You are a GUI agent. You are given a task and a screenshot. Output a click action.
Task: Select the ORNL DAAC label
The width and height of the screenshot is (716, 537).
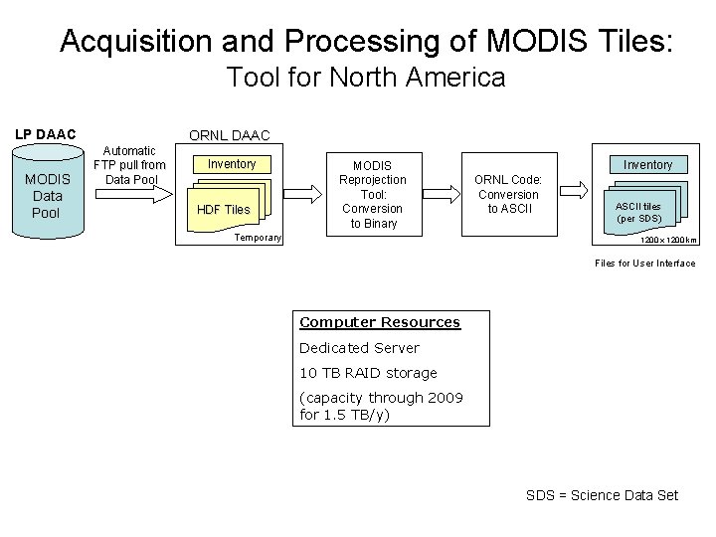230,135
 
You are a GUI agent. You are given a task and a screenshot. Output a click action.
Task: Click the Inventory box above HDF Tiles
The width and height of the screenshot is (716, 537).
232,164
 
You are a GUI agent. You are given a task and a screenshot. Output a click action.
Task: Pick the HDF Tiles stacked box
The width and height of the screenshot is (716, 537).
225,209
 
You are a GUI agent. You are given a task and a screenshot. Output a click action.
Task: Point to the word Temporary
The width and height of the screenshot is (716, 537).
258,239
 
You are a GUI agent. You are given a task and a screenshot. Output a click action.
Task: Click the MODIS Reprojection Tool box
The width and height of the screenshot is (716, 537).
373,194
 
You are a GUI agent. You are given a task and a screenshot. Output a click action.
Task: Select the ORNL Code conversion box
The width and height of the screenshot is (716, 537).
506,194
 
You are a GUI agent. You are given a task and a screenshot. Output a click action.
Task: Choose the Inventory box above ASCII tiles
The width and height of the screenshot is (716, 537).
647,164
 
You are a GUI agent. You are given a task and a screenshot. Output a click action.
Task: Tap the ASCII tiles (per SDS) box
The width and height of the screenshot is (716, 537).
638,211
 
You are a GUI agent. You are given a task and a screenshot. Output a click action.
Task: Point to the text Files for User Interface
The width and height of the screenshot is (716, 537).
644,264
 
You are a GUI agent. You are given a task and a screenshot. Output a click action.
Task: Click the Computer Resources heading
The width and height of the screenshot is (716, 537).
380,322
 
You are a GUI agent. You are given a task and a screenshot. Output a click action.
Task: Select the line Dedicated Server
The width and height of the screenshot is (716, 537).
359,348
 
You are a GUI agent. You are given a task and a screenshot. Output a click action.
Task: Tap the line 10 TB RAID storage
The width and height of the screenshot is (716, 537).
368,373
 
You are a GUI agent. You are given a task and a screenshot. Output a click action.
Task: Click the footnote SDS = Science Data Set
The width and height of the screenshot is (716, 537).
602,495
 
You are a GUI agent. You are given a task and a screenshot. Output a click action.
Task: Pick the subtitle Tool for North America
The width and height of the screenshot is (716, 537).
366,77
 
